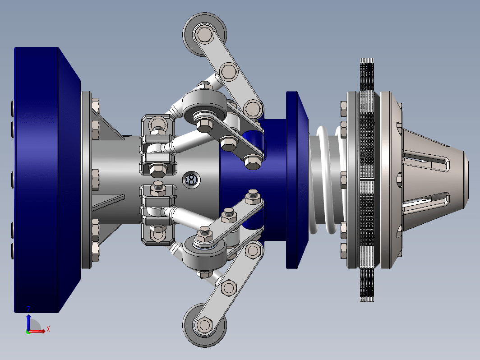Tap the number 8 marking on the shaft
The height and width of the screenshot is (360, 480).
point(191,180)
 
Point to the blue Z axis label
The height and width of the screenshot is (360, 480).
point(28,309)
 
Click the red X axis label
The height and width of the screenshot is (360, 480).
point(48,329)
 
